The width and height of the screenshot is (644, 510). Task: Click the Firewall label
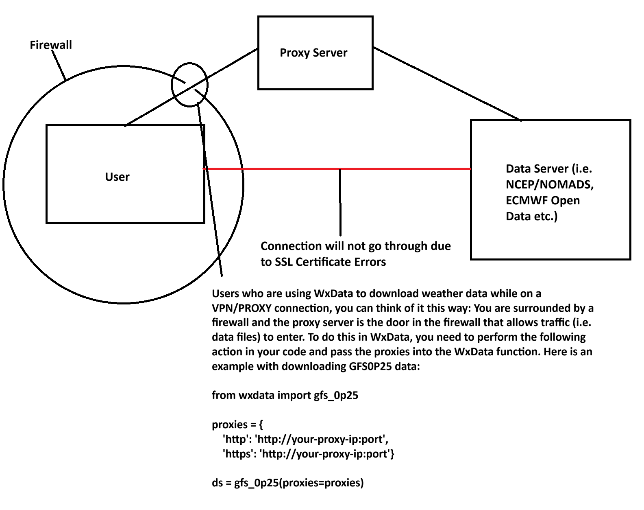[x=51, y=45]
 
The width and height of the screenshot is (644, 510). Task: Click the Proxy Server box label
[x=313, y=53]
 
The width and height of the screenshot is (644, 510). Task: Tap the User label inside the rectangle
[x=117, y=177]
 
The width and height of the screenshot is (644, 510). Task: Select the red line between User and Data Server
[x=285, y=169]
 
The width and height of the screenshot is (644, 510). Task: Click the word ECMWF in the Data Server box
[x=525, y=201]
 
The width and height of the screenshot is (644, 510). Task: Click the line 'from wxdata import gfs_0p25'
[x=285, y=395]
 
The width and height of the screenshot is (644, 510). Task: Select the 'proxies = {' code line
[x=237, y=425]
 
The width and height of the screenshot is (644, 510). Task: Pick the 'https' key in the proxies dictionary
[x=236, y=454]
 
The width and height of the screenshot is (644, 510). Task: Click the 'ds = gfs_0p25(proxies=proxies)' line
[x=287, y=483]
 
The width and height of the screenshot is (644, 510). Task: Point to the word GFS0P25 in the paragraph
[x=370, y=366]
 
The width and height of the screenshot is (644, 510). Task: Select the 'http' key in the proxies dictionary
[x=235, y=439]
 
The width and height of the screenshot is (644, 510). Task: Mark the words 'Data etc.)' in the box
[x=531, y=216]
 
